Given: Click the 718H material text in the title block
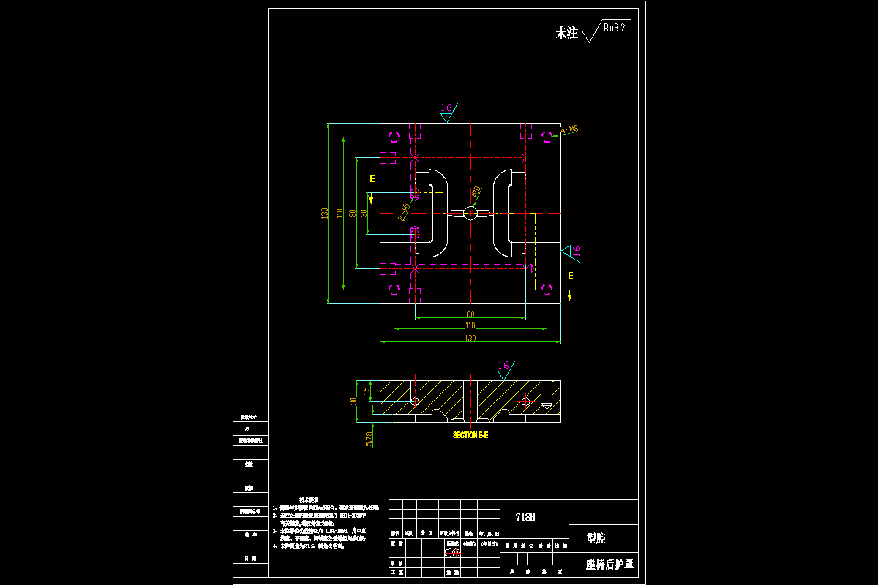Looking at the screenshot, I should [x=525, y=517].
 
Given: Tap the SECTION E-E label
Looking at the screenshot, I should [x=470, y=435].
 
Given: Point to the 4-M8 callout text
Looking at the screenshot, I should [x=570, y=130].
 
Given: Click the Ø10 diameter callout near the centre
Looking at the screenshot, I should [x=476, y=192].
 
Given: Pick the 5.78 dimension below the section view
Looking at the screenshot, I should [x=369, y=438].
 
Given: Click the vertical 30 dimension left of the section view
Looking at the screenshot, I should [x=353, y=401].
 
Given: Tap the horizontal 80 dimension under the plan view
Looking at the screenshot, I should [x=470, y=314].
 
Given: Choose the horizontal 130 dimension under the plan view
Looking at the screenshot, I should [x=470, y=338].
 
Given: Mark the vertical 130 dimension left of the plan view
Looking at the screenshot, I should [x=324, y=213].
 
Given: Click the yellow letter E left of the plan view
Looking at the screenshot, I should [x=372, y=178].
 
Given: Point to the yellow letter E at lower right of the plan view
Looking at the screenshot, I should [x=571, y=276].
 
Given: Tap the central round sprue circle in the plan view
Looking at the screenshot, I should [x=471, y=213].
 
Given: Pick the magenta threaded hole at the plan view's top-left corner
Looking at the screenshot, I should [x=395, y=136].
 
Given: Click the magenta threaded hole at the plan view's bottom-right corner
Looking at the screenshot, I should [x=546, y=289].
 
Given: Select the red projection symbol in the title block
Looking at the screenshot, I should [x=452, y=554].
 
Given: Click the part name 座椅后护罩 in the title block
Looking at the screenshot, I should [x=609, y=565].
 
